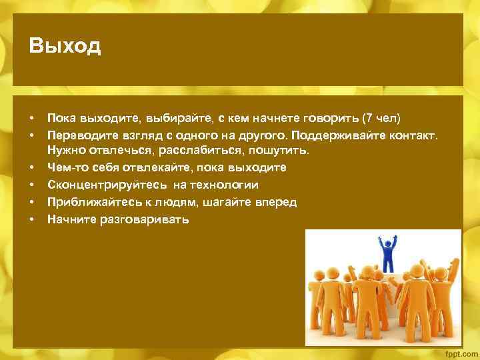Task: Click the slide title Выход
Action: coord(65,47)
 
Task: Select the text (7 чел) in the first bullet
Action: coord(380,119)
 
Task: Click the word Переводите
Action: coord(81,135)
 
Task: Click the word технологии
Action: coord(225,185)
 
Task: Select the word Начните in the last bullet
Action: coord(69,218)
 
